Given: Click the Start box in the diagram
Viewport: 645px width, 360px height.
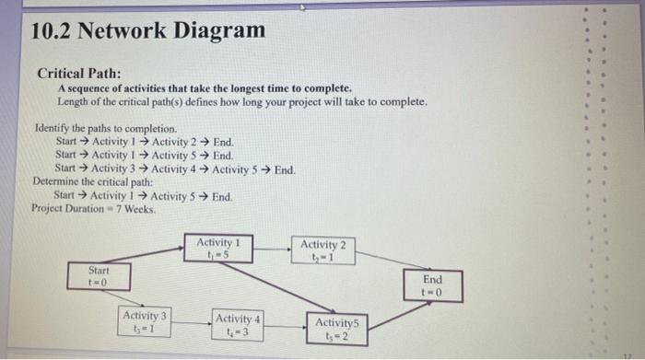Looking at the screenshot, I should click(x=99, y=277).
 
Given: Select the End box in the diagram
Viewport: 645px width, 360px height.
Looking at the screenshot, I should click(x=432, y=285).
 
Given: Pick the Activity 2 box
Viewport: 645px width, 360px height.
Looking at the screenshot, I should click(x=323, y=250).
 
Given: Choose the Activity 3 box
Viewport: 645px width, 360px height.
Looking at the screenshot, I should click(x=145, y=322).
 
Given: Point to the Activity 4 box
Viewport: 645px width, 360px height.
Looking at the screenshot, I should click(x=237, y=325).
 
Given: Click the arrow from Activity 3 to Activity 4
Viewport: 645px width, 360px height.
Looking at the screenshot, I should click(x=191, y=323).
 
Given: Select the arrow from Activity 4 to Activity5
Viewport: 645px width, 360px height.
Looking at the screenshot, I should click(x=283, y=326).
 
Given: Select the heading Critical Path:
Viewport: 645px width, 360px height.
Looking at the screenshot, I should click(x=78, y=73).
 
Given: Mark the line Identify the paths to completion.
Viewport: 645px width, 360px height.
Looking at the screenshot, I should click(x=105, y=129).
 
